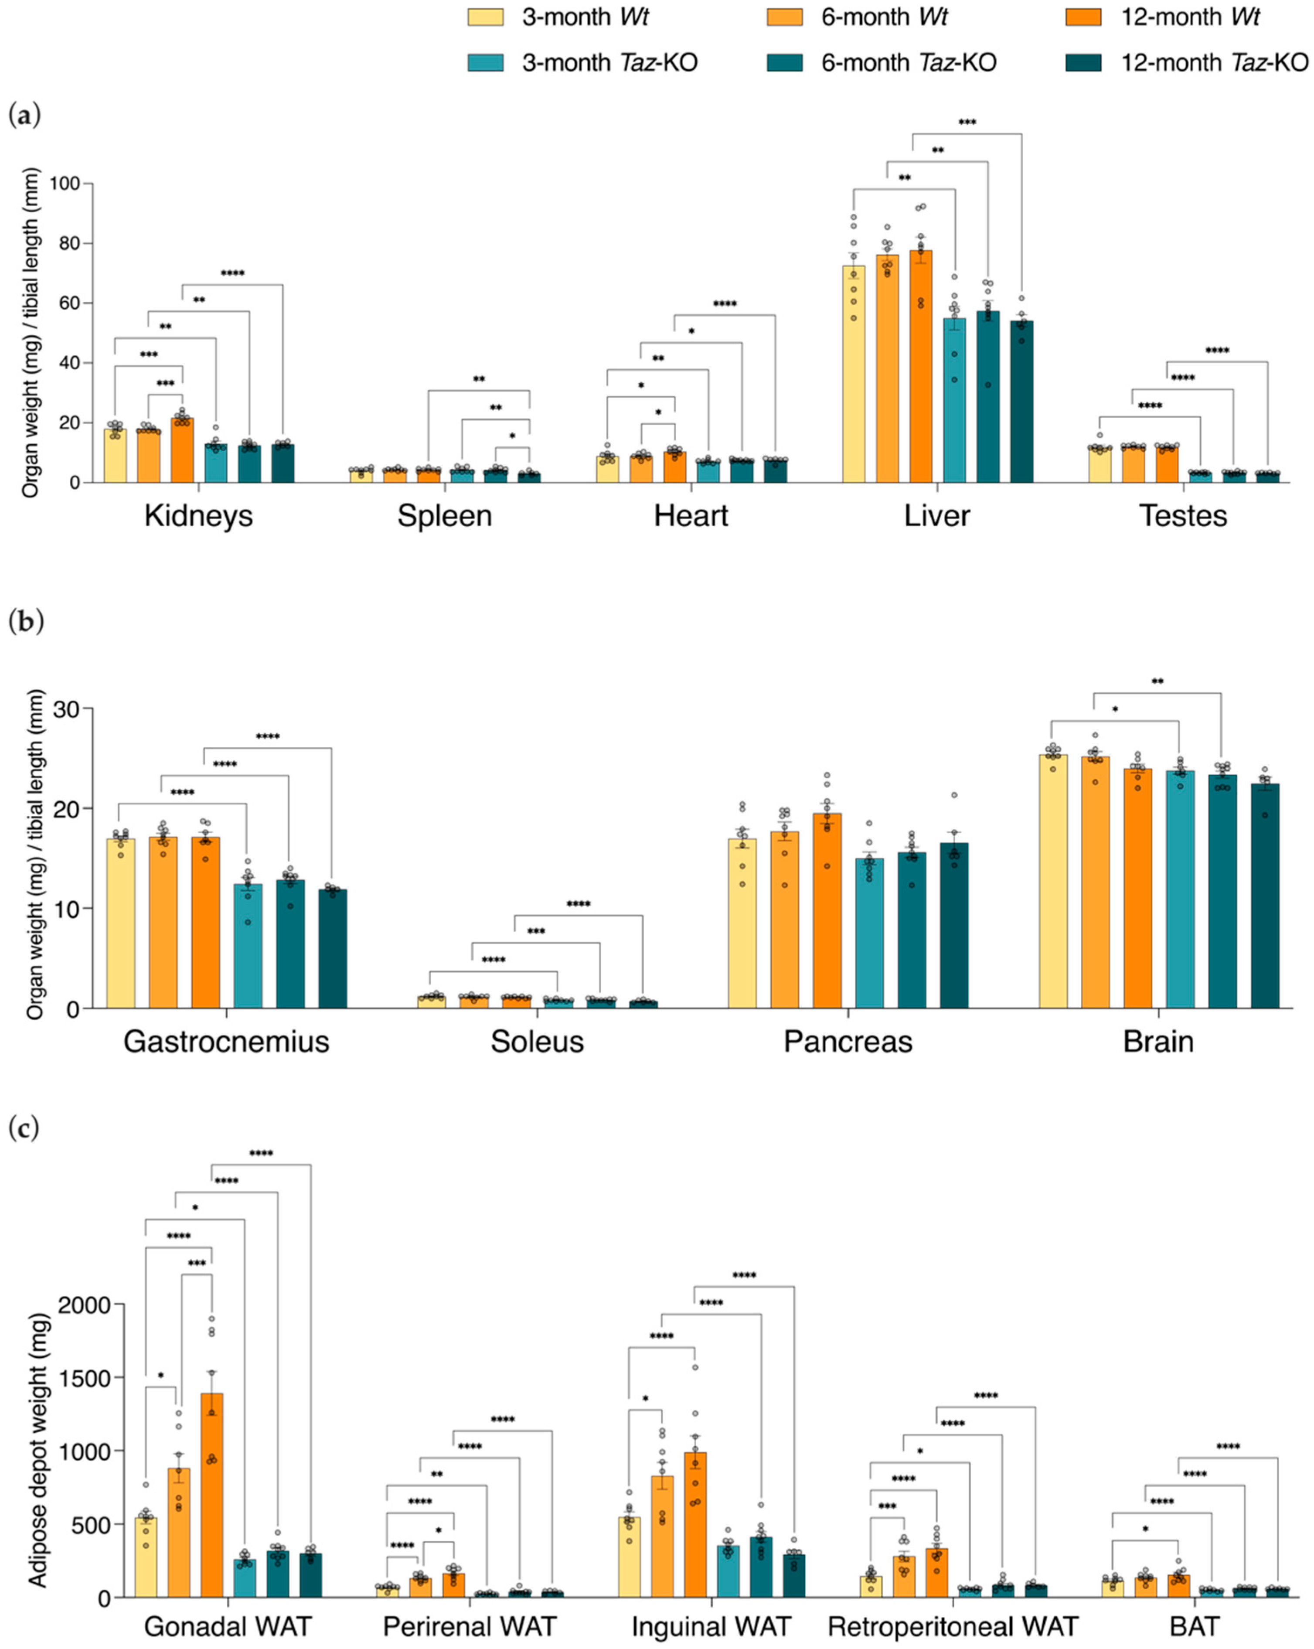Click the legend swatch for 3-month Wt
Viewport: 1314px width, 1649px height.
(486, 17)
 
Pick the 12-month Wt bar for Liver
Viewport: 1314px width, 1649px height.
(921, 367)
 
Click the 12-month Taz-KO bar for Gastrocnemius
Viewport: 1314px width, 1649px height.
(333, 948)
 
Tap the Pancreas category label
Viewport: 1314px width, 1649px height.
(848, 1042)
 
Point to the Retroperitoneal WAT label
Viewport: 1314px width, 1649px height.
(953, 1626)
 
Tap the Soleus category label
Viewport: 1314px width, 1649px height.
(537, 1042)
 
